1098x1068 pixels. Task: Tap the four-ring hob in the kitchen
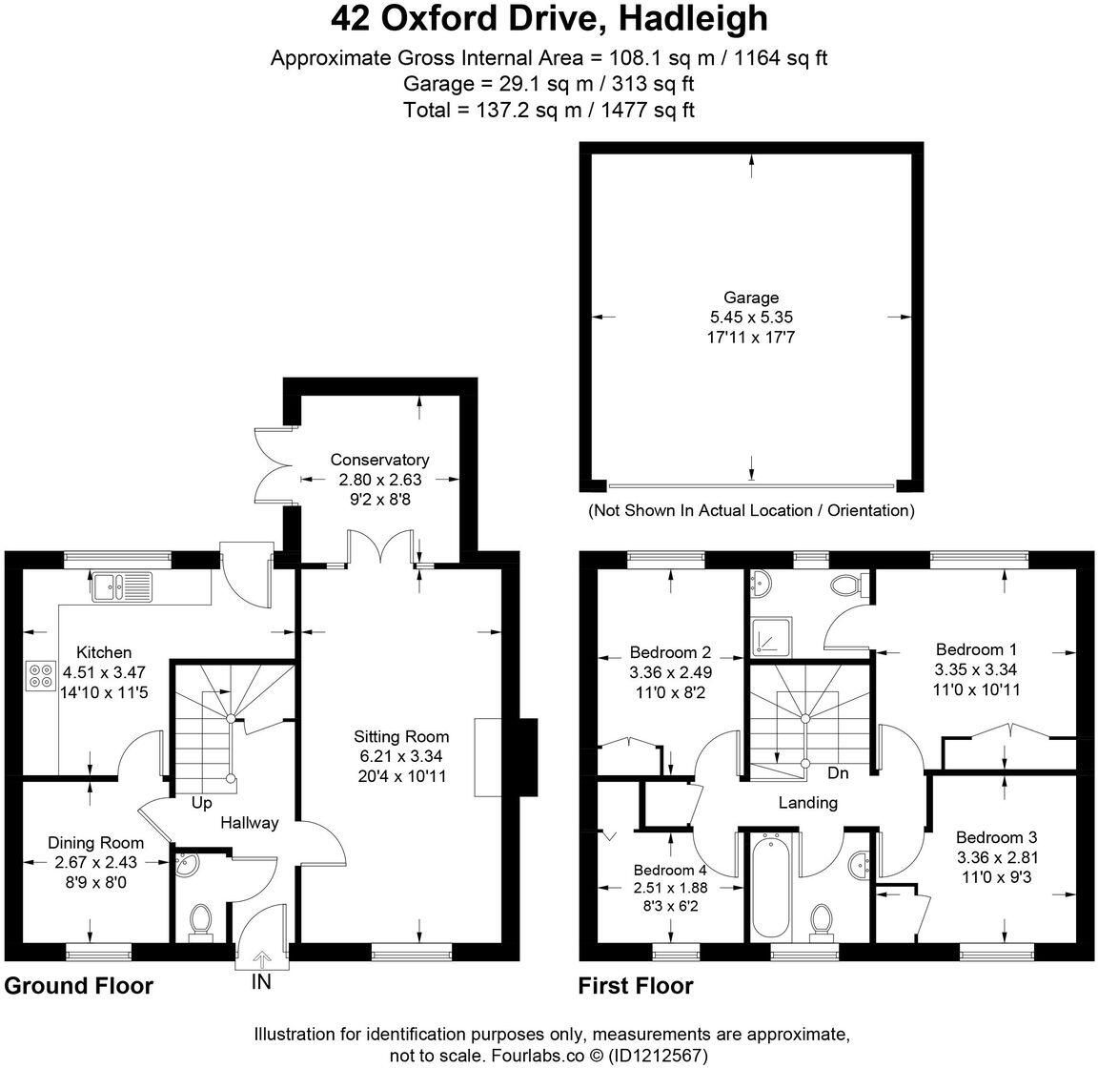(x=41, y=675)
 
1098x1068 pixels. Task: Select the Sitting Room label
(x=400, y=736)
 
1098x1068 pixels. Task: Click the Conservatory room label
(x=379, y=460)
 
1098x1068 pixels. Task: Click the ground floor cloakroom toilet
(x=200, y=921)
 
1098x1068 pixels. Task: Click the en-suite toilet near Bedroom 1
(x=846, y=584)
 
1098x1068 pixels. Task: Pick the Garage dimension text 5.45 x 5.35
(x=751, y=317)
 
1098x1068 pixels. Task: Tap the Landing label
(x=807, y=802)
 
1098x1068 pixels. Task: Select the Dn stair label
(x=838, y=772)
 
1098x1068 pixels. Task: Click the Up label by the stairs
(x=201, y=803)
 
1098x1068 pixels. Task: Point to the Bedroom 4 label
(x=670, y=870)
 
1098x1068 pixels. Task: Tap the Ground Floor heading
(x=79, y=985)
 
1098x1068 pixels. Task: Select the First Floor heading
(x=636, y=985)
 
